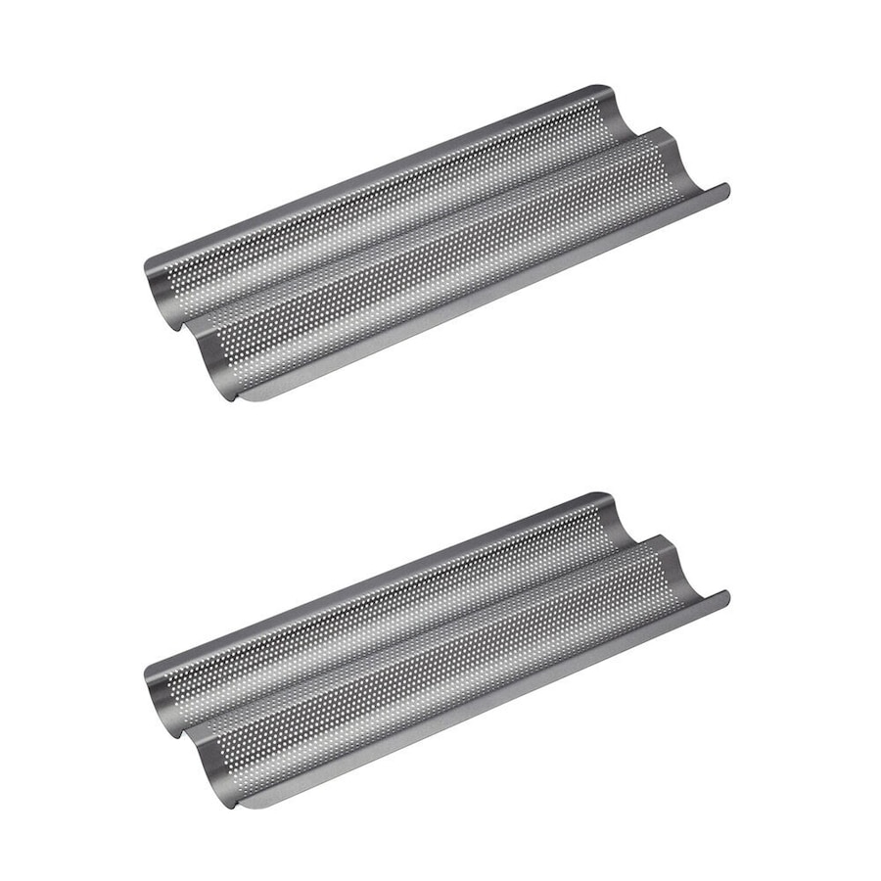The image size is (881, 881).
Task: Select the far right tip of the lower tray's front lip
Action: point(727,594)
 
